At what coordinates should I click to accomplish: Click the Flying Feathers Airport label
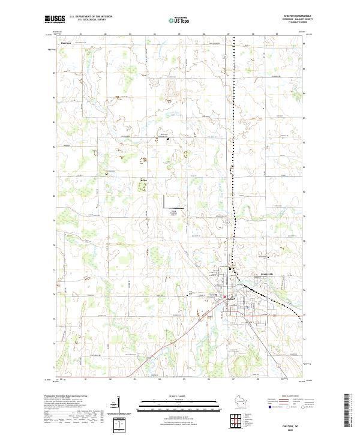coord(175,213)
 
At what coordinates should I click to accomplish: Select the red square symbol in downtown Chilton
coord(225,297)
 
